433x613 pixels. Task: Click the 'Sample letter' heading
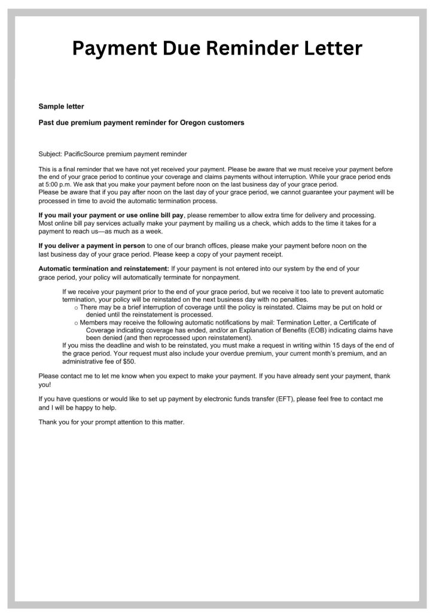click(x=61, y=107)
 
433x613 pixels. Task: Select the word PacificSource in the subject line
click(x=84, y=154)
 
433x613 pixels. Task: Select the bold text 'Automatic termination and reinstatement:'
click(x=103, y=268)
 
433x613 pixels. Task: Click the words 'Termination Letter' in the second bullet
click(x=308, y=322)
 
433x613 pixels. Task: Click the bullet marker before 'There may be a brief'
click(x=76, y=307)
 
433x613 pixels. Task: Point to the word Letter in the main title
click(x=333, y=48)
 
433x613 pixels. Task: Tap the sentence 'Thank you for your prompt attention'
click(x=111, y=422)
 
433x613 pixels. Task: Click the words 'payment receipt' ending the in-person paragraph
click(x=257, y=254)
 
